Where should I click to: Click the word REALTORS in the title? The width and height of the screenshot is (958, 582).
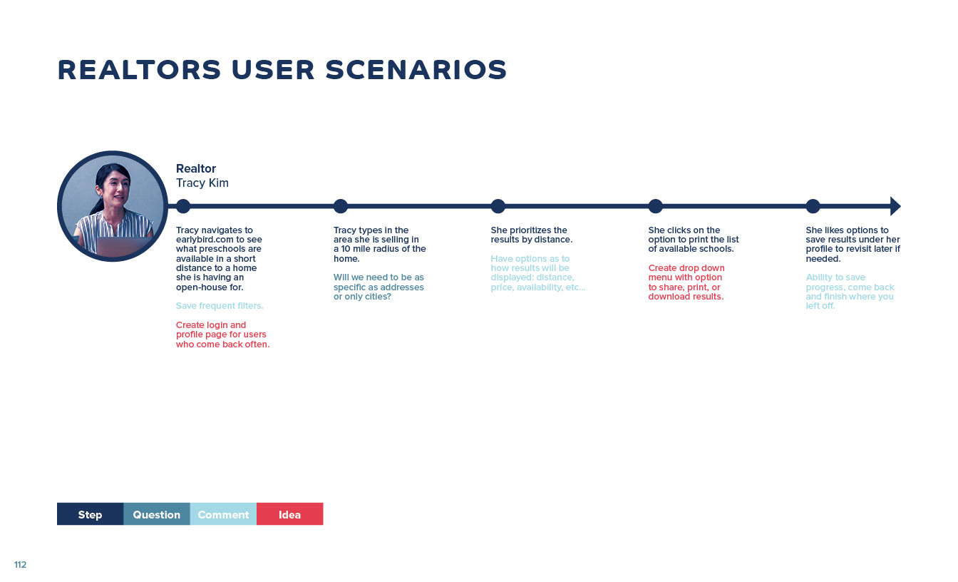click(x=140, y=70)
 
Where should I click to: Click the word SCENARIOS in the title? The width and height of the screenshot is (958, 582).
click(x=416, y=70)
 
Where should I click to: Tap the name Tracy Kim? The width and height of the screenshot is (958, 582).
click(x=202, y=183)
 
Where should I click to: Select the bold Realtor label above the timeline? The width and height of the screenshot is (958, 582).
click(x=196, y=168)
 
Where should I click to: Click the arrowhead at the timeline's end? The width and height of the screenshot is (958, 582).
click(x=895, y=206)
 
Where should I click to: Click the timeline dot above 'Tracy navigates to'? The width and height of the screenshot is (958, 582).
click(x=183, y=206)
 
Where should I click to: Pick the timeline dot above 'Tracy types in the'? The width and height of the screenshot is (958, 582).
click(x=341, y=206)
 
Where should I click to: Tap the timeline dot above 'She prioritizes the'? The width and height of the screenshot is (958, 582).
click(x=498, y=206)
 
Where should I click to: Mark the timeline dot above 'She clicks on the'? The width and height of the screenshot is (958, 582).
click(x=655, y=206)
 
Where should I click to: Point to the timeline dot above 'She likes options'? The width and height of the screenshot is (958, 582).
click(x=813, y=206)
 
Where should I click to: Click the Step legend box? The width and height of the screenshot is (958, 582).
click(x=91, y=514)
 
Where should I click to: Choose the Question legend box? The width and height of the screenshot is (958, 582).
click(x=157, y=514)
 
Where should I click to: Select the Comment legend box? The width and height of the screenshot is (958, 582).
click(x=223, y=514)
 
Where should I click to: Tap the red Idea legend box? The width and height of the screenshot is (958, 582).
click(x=290, y=514)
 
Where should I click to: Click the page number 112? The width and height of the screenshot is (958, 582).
click(x=20, y=564)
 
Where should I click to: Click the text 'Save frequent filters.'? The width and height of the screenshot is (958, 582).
click(x=220, y=305)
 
